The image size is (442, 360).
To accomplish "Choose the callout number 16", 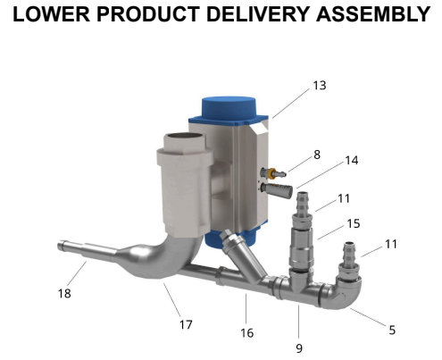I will pyautogui.click(x=247, y=332).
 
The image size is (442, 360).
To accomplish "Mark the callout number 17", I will pyautogui.click(x=186, y=324).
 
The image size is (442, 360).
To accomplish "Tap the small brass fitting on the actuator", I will pyautogui.click(x=269, y=170).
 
